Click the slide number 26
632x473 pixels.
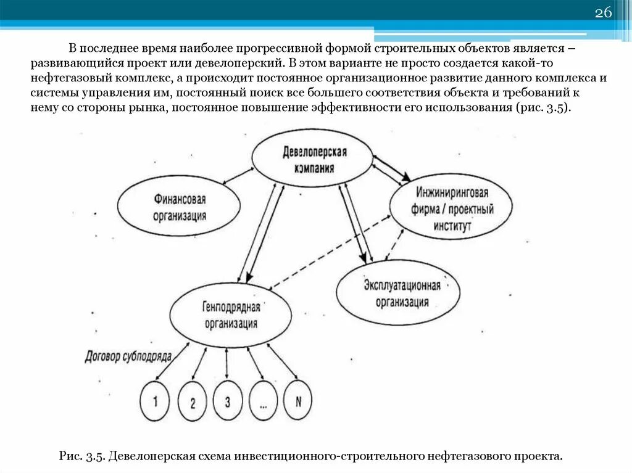click(x=602, y=14)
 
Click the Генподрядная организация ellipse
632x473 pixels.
click(x=231, y=315)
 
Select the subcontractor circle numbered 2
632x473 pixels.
click(x=193, y=403)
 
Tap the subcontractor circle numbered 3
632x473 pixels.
click(x=228, y=401)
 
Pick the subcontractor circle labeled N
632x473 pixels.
click(x=298, y=401)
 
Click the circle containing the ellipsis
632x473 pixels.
click(x=264, y=403)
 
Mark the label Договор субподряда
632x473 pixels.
click(x=128, y=356)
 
